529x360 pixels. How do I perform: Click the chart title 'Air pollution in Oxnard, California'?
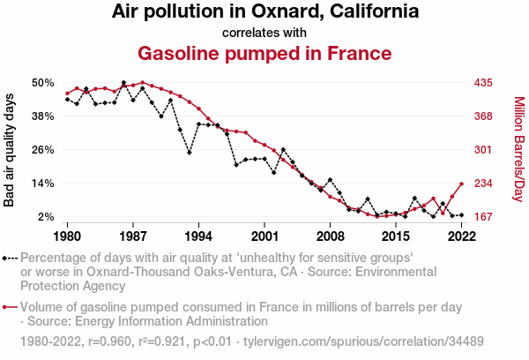tap(264, 12)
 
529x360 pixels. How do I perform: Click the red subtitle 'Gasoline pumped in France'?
tap(264, 53)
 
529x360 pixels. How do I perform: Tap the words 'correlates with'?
tap(264, 33)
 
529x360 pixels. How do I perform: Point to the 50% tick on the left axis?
tap(42, 82)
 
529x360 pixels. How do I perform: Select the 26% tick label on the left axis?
tap(42, 149)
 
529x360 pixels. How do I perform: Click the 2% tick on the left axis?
tap(46, 216)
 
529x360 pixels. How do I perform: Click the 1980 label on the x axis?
tap(68, 236)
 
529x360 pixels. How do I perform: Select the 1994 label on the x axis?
tap(198, 236)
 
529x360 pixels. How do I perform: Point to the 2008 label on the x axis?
tap(330, 236)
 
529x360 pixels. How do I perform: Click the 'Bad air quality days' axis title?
tap(10, 149)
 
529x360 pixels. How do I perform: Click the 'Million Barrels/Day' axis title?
tap(518, 149)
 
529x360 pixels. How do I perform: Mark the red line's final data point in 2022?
tap(461, 183)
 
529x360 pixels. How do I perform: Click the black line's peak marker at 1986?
tap(123, 82)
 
